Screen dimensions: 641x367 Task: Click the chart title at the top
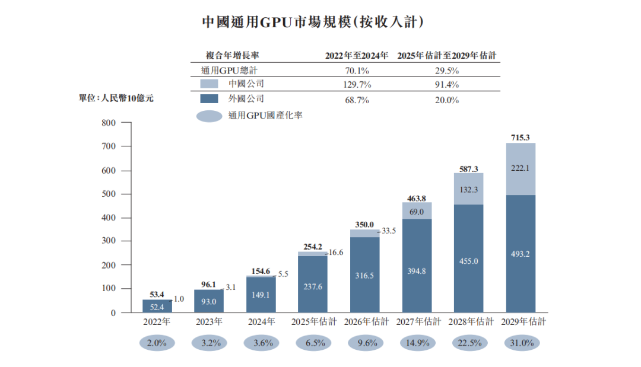click(313, 21)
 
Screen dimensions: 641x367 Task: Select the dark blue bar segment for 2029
click(521, 254)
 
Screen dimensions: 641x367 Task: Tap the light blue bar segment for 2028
click(468, 189)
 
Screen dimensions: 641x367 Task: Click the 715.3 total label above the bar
click(520, 138)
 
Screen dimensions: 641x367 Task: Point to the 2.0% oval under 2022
click(157, 343)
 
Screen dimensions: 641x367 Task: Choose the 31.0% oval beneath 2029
click(522, 343)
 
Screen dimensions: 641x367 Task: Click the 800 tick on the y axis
click(109, 123)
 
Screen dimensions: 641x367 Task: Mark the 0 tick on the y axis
click(113, 313)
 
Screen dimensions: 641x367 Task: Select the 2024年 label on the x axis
click(262, 322)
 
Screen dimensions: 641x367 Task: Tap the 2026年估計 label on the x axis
click(366, 322)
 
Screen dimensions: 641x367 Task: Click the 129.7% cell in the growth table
click(357, 85)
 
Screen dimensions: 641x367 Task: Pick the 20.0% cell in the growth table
click(447, 100)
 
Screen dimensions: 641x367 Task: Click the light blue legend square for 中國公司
click(209, 84)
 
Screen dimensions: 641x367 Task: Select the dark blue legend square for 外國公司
click(209, 99)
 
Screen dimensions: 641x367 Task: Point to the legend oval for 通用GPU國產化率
click(210, 116)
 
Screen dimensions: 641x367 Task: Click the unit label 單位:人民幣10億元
click(116, 98)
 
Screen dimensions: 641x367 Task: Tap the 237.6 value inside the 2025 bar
click(313, 286)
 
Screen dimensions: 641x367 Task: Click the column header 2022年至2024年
click(357, 56)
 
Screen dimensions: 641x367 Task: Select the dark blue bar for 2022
click(157, 306)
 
